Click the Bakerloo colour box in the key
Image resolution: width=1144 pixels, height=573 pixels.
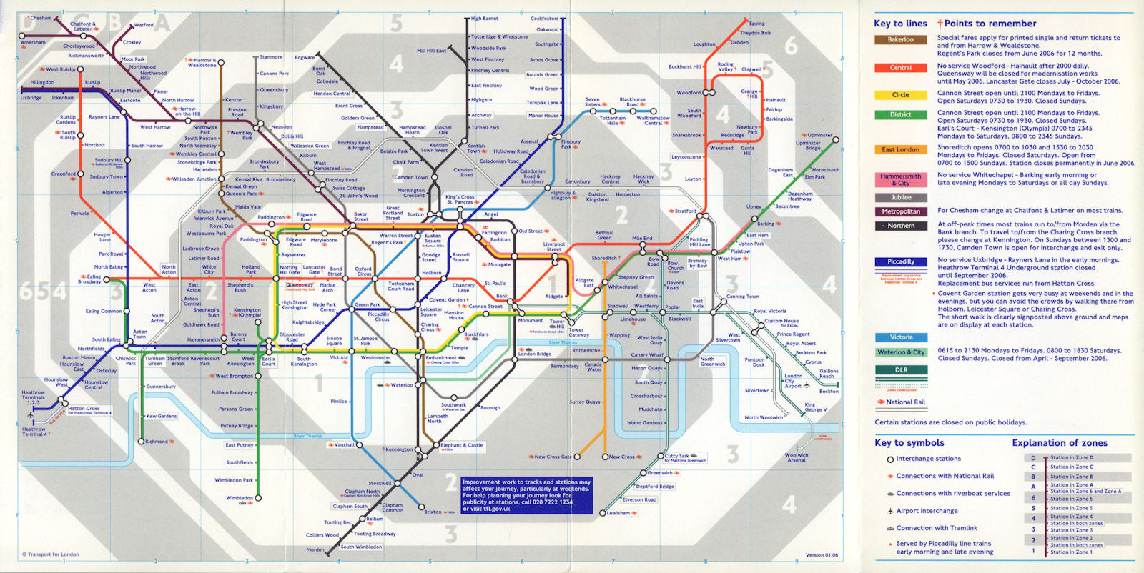(x=900, y=40)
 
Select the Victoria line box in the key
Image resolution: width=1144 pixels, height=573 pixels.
(x=901, y=337)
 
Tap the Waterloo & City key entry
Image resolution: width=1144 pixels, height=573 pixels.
(x=901, y=352)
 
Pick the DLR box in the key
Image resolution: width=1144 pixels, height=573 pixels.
(x=901, y=370)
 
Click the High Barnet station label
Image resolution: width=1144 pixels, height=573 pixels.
(x=485, y=19)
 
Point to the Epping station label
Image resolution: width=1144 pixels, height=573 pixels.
(x=756, y=24)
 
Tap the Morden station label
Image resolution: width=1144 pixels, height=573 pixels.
(x=315, y=550)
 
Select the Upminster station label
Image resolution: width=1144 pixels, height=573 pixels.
(x=819, y=135)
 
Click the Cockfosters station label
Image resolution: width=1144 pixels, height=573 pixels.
(x=545, y=19)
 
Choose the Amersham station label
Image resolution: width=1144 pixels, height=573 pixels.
(x=33, y=43)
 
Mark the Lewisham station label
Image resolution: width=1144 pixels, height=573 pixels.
(x=618, y=513)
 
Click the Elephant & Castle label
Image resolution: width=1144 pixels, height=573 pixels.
(x=462, y=445)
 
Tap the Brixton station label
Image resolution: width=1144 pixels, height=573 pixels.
(x=433, y=512)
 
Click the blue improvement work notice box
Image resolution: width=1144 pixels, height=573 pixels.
(x=527, y=495)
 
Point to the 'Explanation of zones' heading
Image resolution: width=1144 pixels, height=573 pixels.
(x=1059, y=443)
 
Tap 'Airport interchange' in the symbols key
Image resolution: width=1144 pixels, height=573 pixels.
(x=927, y=511)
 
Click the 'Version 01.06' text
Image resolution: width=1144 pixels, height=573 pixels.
(x=822, y=555)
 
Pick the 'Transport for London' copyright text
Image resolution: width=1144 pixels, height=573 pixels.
(x=51, y=554)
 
